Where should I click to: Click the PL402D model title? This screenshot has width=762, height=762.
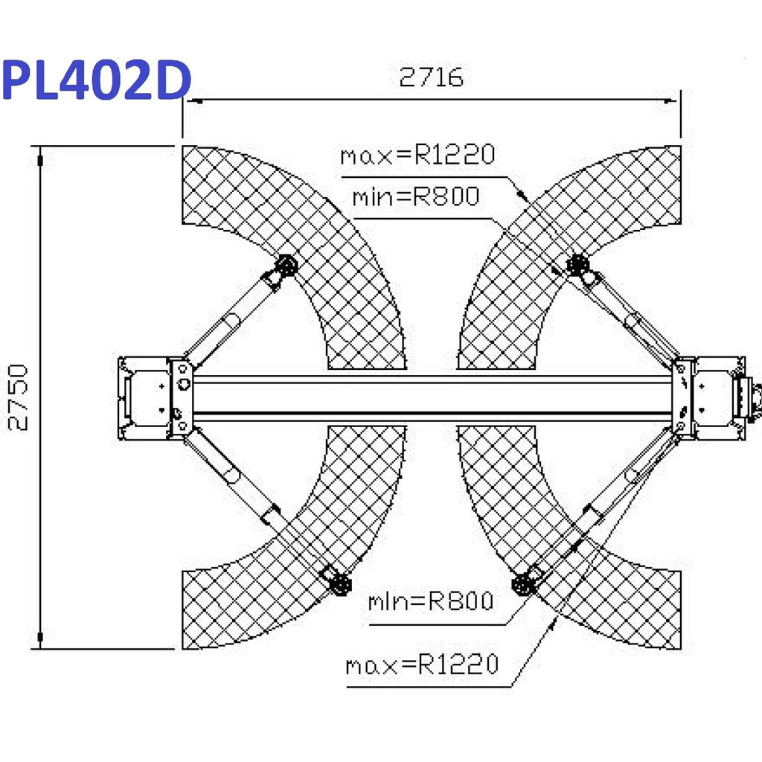coord(96,80)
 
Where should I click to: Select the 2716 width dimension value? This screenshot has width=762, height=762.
coord(431,77)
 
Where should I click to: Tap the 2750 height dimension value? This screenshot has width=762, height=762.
coord(19,397)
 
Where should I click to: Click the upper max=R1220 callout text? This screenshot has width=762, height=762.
coord(417,155)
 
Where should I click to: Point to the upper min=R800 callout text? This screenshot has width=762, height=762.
coord(416,196)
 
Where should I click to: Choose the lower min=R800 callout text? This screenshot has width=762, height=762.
coord(431,601)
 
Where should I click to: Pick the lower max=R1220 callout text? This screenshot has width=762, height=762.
coord(423,664)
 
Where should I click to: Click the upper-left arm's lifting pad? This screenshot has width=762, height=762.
coord(286,266)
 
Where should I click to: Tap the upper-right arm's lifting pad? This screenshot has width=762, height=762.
coord(577,266)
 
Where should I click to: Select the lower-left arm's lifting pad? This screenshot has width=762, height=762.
coord(339,583)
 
